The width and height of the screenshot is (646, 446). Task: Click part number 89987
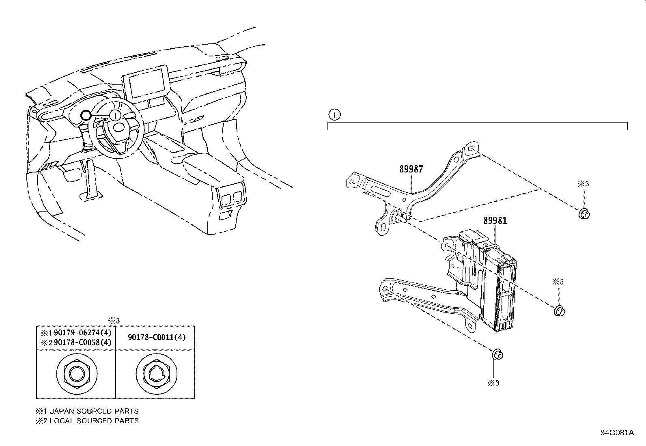point(411,169)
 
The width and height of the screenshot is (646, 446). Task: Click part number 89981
point(495,221)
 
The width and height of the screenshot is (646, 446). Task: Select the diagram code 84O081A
point(617,433)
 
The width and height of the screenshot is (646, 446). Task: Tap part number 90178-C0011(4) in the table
point(157,337)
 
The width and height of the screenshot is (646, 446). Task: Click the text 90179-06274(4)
point(83,333)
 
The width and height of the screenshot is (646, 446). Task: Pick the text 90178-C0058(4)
point(83,343)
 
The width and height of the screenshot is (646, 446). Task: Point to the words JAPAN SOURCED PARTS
point(94,411)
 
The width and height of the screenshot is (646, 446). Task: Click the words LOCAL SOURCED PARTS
point(94,421)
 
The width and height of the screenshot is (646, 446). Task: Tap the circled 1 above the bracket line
point(334,115)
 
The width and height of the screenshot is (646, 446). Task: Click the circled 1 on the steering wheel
point(115,116)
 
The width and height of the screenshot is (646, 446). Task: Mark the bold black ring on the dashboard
point(86,115)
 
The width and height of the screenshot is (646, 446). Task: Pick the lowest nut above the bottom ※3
point(497,354)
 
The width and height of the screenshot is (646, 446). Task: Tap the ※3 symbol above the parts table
point(114,321)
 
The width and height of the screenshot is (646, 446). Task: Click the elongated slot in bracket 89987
point(378,192)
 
